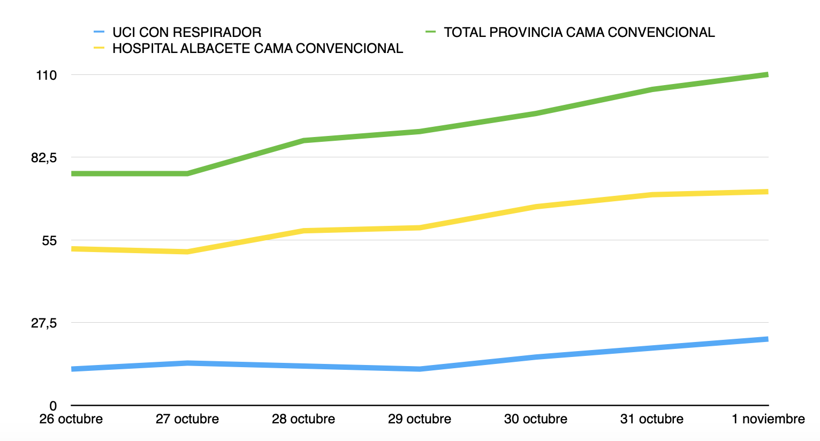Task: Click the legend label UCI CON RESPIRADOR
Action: [x=187, y=33]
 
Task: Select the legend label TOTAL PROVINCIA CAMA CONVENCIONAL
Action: [x=579, y=33]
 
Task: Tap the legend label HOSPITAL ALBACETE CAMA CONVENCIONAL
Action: [x=257, y=49]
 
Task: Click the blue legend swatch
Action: [x=99, y=33]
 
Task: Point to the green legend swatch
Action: [x=431, y=33]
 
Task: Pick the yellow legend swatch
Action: [x=99, y=49]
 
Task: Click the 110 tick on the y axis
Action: [x=47, y=75]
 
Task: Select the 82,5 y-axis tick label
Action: [x=44, y=158]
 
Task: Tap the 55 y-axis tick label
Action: [x=49, y=241]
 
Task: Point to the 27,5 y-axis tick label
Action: [x=44, y=323]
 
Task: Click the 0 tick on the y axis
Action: [x=52, y=406]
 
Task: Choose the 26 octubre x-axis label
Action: [x=71, y=419]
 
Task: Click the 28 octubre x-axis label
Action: [x=303, y=419]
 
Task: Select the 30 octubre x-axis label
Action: [x=536, y=419]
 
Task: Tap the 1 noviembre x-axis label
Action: [x=768, y=419]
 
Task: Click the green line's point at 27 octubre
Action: [x=187, y=173]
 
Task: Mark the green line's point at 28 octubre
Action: [x=303, y=141]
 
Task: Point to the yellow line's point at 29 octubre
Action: [x=420, y=228]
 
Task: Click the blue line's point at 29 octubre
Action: [x=420, y=369]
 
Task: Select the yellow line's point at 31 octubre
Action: [x=652, y=195]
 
